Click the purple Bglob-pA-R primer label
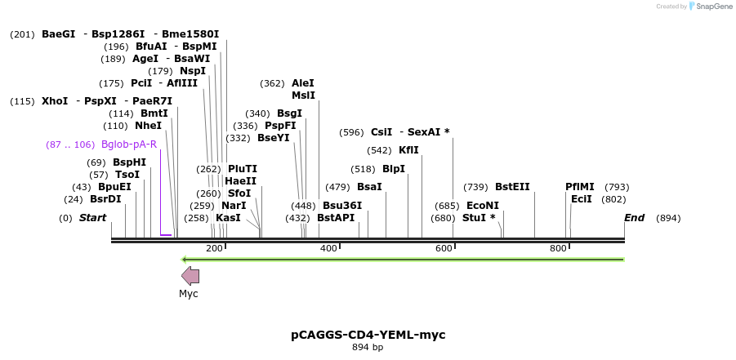(x=129, y=144)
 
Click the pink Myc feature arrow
(x=190, y=276)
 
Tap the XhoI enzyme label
(x=55, y=101)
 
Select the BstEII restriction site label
(x=512, y=187)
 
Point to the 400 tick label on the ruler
(x=328, y=248)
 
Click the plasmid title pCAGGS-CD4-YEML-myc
(x=368, y=335)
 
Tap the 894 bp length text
(x=368, y=348)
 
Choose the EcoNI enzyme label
(x=482, y=206)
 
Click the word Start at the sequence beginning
(x=92, y=218)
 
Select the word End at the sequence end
(x=635, y=218)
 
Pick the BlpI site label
(x=394, y=169)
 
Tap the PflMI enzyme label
(x=580, y=187)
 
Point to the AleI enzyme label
(x=302, y=83)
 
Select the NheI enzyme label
(x=148, y=126)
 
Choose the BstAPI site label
(x=336, y=218)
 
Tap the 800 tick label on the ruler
(x=559, y=248)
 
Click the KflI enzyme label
(x=408, y=150)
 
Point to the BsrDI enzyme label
(x=105, y=199)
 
